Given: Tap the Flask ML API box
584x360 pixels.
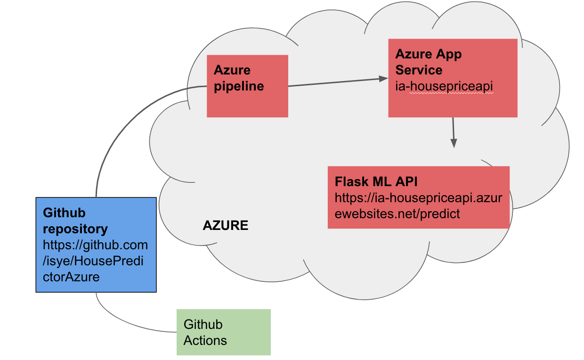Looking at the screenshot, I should (418, 197).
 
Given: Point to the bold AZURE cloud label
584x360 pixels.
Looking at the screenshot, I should (225, 226).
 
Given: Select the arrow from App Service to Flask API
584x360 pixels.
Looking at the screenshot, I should (454, 132).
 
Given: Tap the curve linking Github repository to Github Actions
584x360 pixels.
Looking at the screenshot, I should (122, 325).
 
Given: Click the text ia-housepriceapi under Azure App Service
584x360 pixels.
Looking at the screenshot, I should (444, 86).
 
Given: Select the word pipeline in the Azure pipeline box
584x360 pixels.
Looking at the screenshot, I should (239, 86).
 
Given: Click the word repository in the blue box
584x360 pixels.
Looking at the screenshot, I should (75, 229).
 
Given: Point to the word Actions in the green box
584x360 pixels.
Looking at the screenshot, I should (205, 340).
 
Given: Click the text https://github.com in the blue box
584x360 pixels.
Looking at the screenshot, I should (96, 245).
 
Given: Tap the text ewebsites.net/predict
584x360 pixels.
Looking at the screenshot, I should (397, 213).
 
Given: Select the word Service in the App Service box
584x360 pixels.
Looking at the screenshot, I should (419, 70).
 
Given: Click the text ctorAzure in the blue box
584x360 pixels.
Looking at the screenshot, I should (71, 277).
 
